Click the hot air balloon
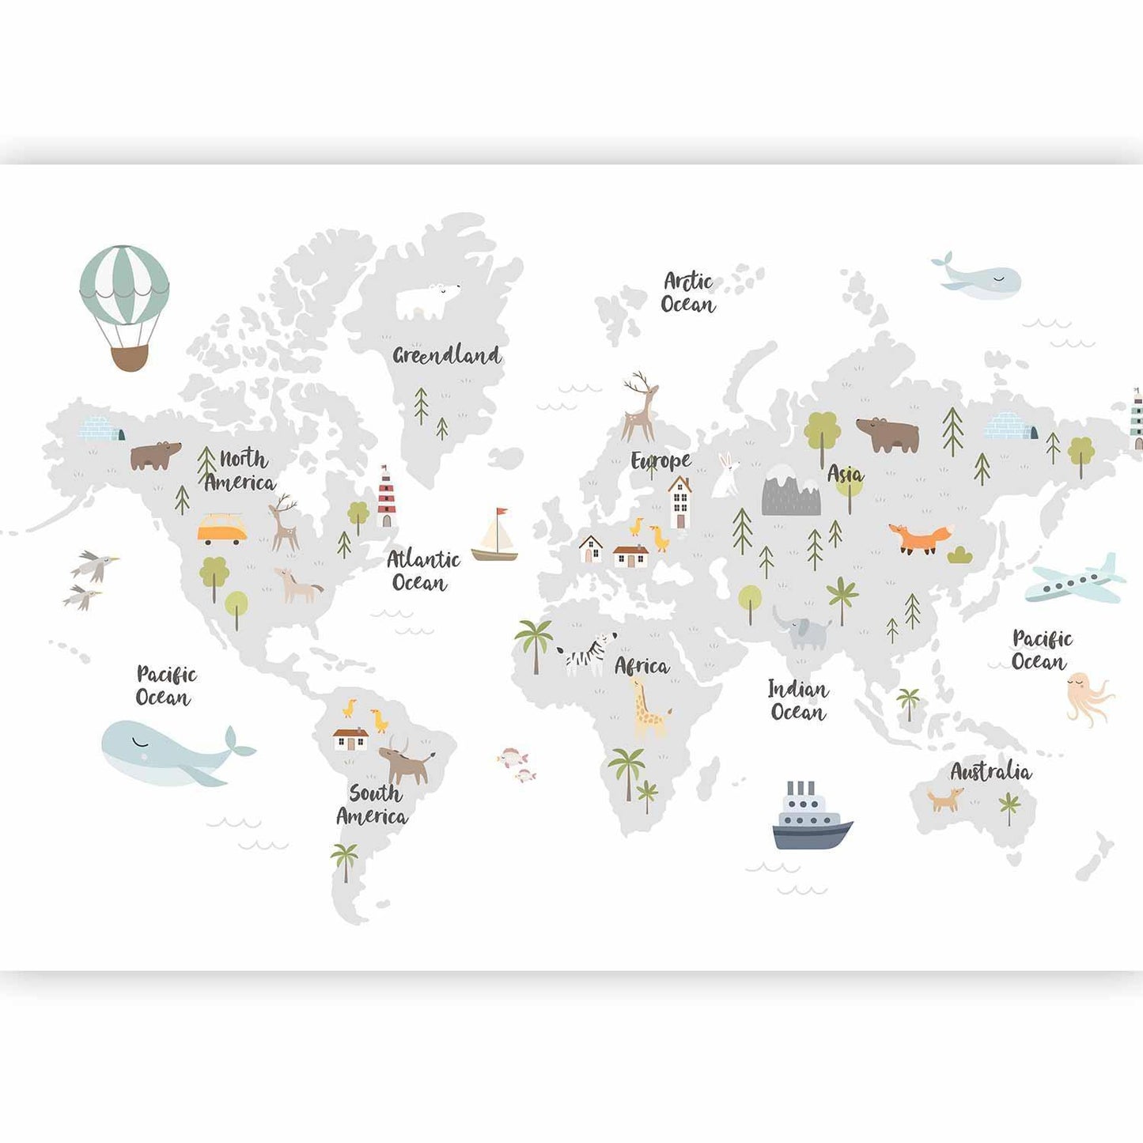click(x=124, y=305)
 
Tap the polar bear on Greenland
click(x=426, y=301)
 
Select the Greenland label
click(x=447, y=355)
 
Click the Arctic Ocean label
click(x=688, y=293)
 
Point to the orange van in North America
click(x=221, y=529)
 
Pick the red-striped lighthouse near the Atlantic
click(x=385, y=496)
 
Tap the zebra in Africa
click(x=587, y=653)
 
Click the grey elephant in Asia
click(x=803, y=630)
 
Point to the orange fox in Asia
click(x=919, y=538)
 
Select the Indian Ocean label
click(x=798, y=701)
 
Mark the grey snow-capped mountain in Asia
click(x=790, y=491)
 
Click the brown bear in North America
click(x=155, y=456)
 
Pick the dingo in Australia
click(x=945, y=799)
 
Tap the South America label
click(x=373, y=804)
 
